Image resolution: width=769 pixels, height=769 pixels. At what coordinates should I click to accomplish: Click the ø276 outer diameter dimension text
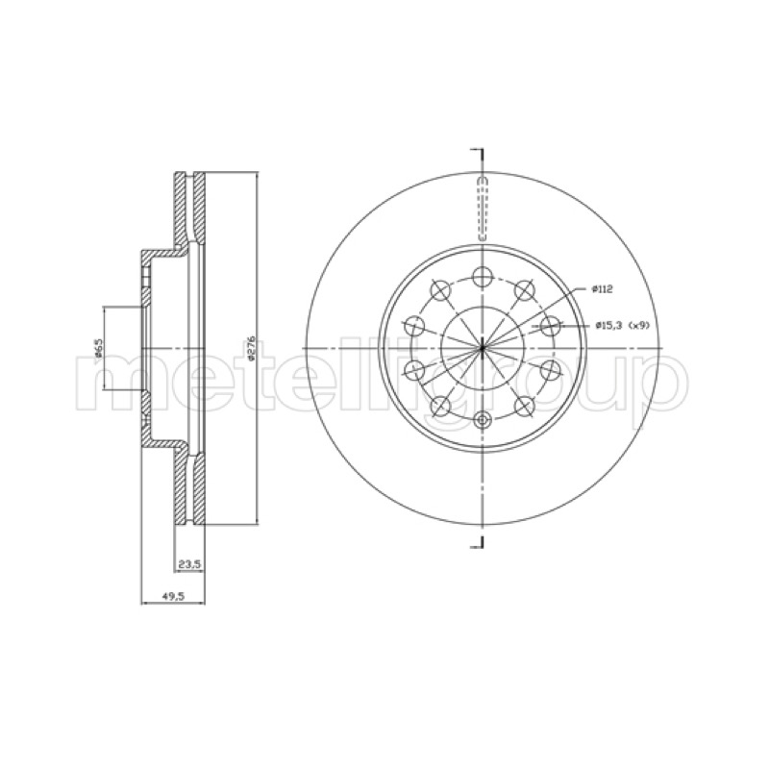click(x=252, y=349)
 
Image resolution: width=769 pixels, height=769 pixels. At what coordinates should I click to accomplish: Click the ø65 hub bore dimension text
click(x=98, y=347)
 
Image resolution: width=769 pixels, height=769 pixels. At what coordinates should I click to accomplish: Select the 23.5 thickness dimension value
click(x=189, y=564)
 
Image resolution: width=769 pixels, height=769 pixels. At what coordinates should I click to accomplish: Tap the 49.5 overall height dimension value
click(x=173, y=596)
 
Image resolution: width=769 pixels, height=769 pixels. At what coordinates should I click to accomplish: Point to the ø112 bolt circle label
click(x=602, y=289)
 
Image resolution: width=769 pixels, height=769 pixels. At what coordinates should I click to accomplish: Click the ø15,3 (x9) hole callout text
click(x=622, y=325)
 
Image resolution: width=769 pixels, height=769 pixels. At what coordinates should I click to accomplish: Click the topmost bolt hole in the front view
click(x=483, y=277)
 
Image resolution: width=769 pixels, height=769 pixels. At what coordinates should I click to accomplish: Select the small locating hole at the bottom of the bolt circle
click(x=484, y=419)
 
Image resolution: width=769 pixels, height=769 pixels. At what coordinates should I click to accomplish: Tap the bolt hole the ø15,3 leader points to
click(x=550, y=326)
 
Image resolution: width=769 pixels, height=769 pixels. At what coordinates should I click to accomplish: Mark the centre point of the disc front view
click(x=483, y=348)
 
